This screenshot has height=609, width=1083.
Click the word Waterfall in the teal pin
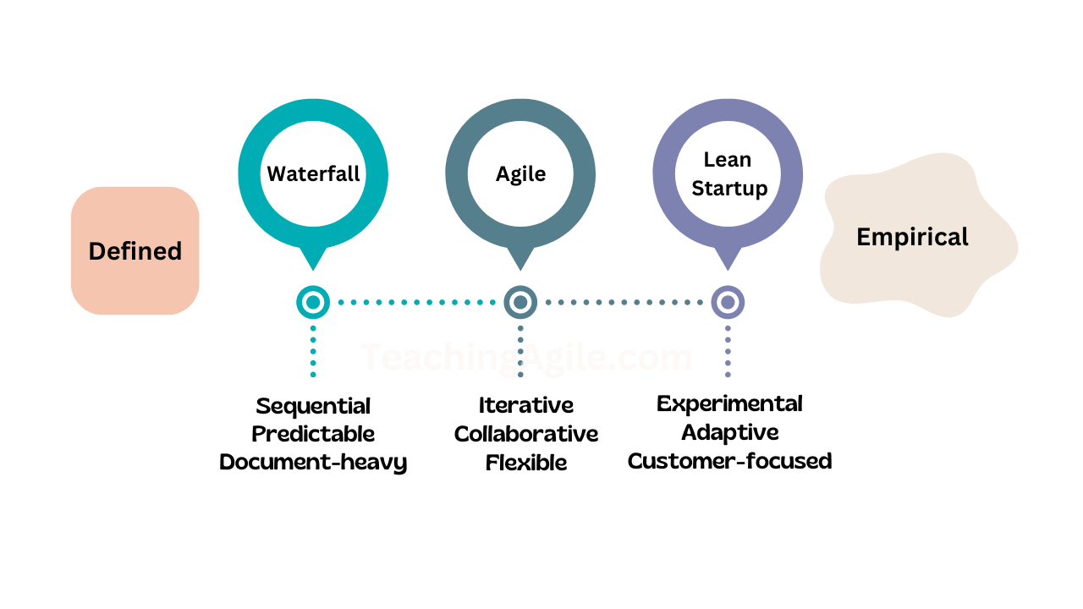(313, 173)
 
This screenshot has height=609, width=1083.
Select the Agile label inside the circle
(520, 174)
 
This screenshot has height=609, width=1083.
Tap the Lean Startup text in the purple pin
(728, 173)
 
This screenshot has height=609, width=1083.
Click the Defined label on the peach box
(135, 251)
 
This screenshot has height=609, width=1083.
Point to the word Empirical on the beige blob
(912, 237)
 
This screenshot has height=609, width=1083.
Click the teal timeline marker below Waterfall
(313, 302)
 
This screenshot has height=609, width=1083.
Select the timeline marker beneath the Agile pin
(520, 302)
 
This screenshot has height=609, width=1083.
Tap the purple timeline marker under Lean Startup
(728, 302)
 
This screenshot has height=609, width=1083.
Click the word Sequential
(313, 406)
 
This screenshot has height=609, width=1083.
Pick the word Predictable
(313, 434)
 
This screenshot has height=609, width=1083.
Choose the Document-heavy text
(313, 462)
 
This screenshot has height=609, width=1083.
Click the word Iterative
(525, 405)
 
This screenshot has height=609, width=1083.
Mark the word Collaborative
(525, 434)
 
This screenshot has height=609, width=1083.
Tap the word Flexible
(525, 463)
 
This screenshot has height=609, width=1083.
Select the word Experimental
(729, 403)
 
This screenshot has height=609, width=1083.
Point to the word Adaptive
(729, 432)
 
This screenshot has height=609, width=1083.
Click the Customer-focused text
(729, 461)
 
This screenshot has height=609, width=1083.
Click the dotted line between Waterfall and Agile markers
(416, 302)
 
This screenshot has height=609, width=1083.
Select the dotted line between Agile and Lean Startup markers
(624, 302)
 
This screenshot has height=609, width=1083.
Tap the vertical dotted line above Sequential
(313, 350)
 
